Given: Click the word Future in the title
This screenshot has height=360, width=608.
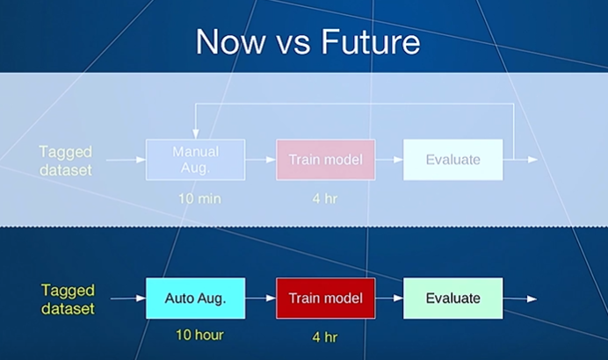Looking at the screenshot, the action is coord(371,41).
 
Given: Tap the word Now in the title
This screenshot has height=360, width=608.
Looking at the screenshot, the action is coord(231,41).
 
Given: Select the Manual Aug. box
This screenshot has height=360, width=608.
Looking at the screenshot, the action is coord(195,160).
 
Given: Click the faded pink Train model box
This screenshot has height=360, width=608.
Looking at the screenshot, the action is coord(326,160).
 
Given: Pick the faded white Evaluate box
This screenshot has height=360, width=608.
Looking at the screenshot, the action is coord(452,160).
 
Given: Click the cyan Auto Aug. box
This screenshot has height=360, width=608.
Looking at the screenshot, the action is coord(195,298).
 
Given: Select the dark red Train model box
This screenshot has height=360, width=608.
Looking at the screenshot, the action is coord(326,298).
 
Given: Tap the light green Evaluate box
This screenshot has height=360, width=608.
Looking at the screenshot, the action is coord(452,298).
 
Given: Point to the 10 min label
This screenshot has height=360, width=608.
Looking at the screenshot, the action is coord(199,198).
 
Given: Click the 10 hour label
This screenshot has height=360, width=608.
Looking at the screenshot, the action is coord(199,335).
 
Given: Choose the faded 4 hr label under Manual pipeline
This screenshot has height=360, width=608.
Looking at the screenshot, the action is coord(325,198).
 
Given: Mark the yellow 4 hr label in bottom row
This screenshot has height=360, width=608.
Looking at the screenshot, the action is coord(325,337).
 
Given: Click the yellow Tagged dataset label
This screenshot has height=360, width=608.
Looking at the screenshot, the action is coord(68,299).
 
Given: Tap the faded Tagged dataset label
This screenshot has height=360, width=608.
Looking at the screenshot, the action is coord(66,161).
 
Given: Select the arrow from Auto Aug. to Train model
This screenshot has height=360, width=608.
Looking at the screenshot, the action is coord(261,298).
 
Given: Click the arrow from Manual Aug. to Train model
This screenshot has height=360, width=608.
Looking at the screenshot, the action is coord(261,159).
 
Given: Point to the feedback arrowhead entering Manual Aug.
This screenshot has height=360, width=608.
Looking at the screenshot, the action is coord(196,134).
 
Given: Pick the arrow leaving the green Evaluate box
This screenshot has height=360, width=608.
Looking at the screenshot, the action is coord(520,299).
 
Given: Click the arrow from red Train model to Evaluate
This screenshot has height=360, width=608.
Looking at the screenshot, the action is coord(389,298).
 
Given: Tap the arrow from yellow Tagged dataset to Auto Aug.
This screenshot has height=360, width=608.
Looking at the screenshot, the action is coord(128,298).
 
